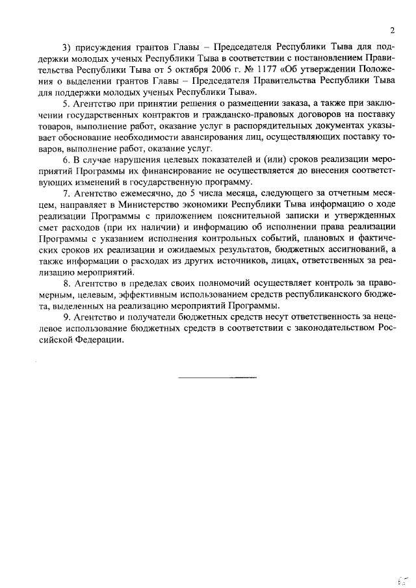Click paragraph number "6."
coord(66,160)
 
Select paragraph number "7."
coord(66,195)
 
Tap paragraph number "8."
coord(66,285)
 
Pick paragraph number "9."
coord(66,318)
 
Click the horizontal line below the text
coord(217,377)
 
